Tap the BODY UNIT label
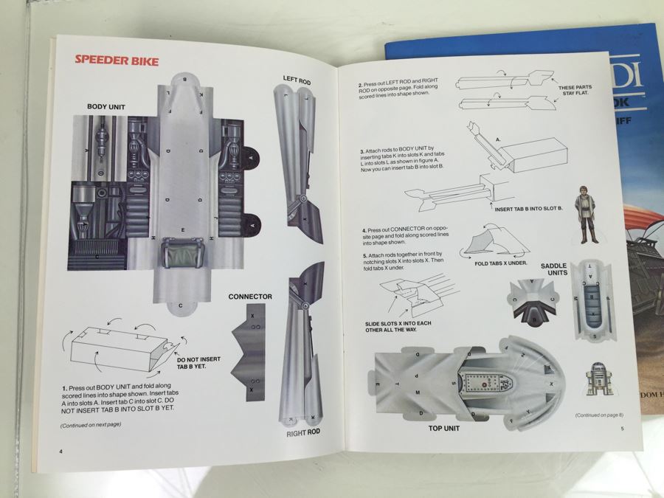tap(106, 107)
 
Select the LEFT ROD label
tap(300, 79)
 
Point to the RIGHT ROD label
tap(303, 432)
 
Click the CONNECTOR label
tap(250, 297)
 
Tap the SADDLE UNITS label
tap(559, 271)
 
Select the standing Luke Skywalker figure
tap(587, 215)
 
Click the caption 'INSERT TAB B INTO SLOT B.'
tap(528, 209)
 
